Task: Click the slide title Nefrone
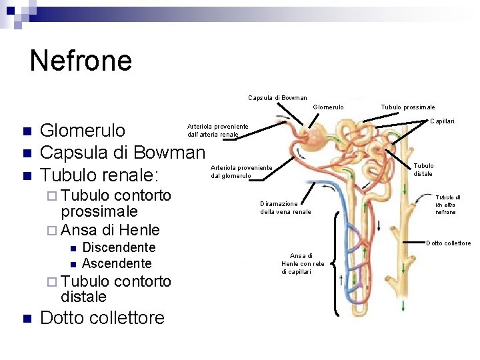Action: coord(81,60)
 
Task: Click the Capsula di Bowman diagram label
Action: coord(277,98)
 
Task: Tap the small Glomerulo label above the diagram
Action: coord(328,107)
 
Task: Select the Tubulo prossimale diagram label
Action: coord(408,107)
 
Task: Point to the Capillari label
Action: coord(442,121)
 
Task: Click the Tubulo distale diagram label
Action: coord(423,170)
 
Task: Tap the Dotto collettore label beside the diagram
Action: coord(448,243)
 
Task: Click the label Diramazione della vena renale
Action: coord(285,208)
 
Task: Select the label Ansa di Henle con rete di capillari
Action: coord(303,263)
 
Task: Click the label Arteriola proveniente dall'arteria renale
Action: coord(217,131)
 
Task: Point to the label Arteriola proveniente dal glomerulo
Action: coord(241,171)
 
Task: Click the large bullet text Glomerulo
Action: coord(83,129)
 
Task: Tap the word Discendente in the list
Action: coord(119,248)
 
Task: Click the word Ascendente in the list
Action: coord(117,263)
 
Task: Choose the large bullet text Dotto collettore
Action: coord(102,317)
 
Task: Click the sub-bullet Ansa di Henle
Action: coord(110,230)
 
